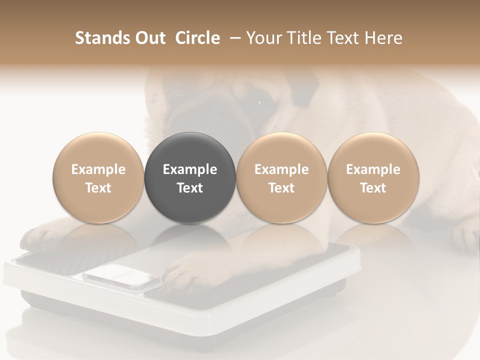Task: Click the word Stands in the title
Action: click(102, 38)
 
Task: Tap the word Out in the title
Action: click(149, 38)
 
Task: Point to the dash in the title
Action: click(233, 38)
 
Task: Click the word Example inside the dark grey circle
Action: click(190, 169)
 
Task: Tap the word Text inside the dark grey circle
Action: click(190, 188)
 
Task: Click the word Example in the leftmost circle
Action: click(98, 169)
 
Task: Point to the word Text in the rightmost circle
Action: click(373, 188)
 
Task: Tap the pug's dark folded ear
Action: click(305, 92)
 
